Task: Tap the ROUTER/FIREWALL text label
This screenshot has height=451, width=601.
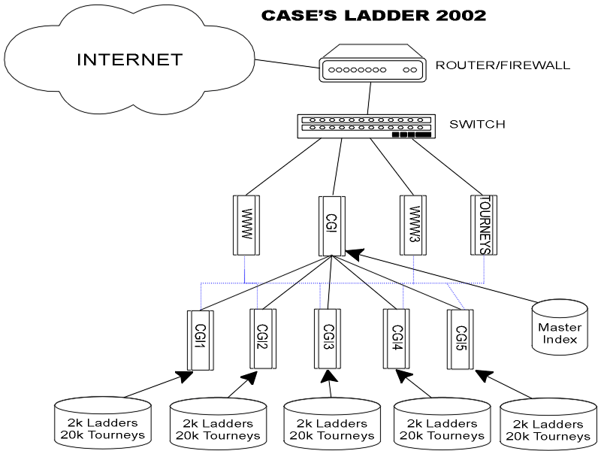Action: click(x=503, y=65)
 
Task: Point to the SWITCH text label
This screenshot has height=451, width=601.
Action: click(x=477, y=124)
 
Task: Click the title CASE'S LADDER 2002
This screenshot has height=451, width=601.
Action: click(x=373, y=15)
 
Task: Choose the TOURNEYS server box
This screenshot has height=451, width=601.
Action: click(x=483, y=223)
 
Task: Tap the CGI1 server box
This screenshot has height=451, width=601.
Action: click(x=199, y=340)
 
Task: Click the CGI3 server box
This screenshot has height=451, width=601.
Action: click(x=328, y=339)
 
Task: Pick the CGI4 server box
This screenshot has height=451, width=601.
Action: click(x=397, y=339)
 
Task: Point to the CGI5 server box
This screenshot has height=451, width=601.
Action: click(x=461, y=339)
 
